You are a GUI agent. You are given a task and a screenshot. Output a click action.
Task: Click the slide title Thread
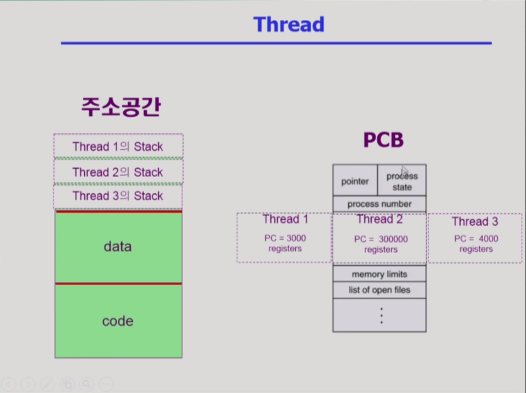click(289, 24)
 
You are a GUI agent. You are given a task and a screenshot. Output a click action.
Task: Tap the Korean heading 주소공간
click(121, 107)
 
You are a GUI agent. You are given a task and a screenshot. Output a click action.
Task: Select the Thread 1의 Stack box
click(119, 146)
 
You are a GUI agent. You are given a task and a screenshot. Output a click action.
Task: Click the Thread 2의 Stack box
click(119, 172)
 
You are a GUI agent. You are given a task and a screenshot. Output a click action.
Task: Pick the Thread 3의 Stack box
click(118, 196)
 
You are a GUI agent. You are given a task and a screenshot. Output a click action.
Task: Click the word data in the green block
click(118, 247)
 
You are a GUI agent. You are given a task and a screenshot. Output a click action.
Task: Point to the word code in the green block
click(118, 321)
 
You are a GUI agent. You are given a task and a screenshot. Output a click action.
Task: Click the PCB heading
click(384, 140)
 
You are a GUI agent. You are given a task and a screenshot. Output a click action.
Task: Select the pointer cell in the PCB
click(355, 180)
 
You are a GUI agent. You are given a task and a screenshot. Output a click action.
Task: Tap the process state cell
click(402, 180)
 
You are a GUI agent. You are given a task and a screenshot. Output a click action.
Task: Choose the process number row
click(380, 204)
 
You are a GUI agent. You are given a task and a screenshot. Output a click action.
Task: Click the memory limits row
click(380, 274)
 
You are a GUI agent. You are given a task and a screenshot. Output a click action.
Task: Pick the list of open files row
click(380, 290)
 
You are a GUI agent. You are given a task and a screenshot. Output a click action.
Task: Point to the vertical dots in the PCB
click(381, 316)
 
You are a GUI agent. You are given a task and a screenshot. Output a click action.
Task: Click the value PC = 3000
click(285, 238)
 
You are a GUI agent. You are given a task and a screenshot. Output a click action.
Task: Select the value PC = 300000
click(381, 239)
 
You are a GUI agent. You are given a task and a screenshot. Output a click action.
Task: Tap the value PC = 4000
click(477, 239)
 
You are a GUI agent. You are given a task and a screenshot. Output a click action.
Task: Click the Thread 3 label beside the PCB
click(475, 222)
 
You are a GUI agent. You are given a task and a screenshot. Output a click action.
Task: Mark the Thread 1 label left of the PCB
click(285, 219)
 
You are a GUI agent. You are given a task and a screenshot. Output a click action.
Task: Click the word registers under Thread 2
click(381, 250)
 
